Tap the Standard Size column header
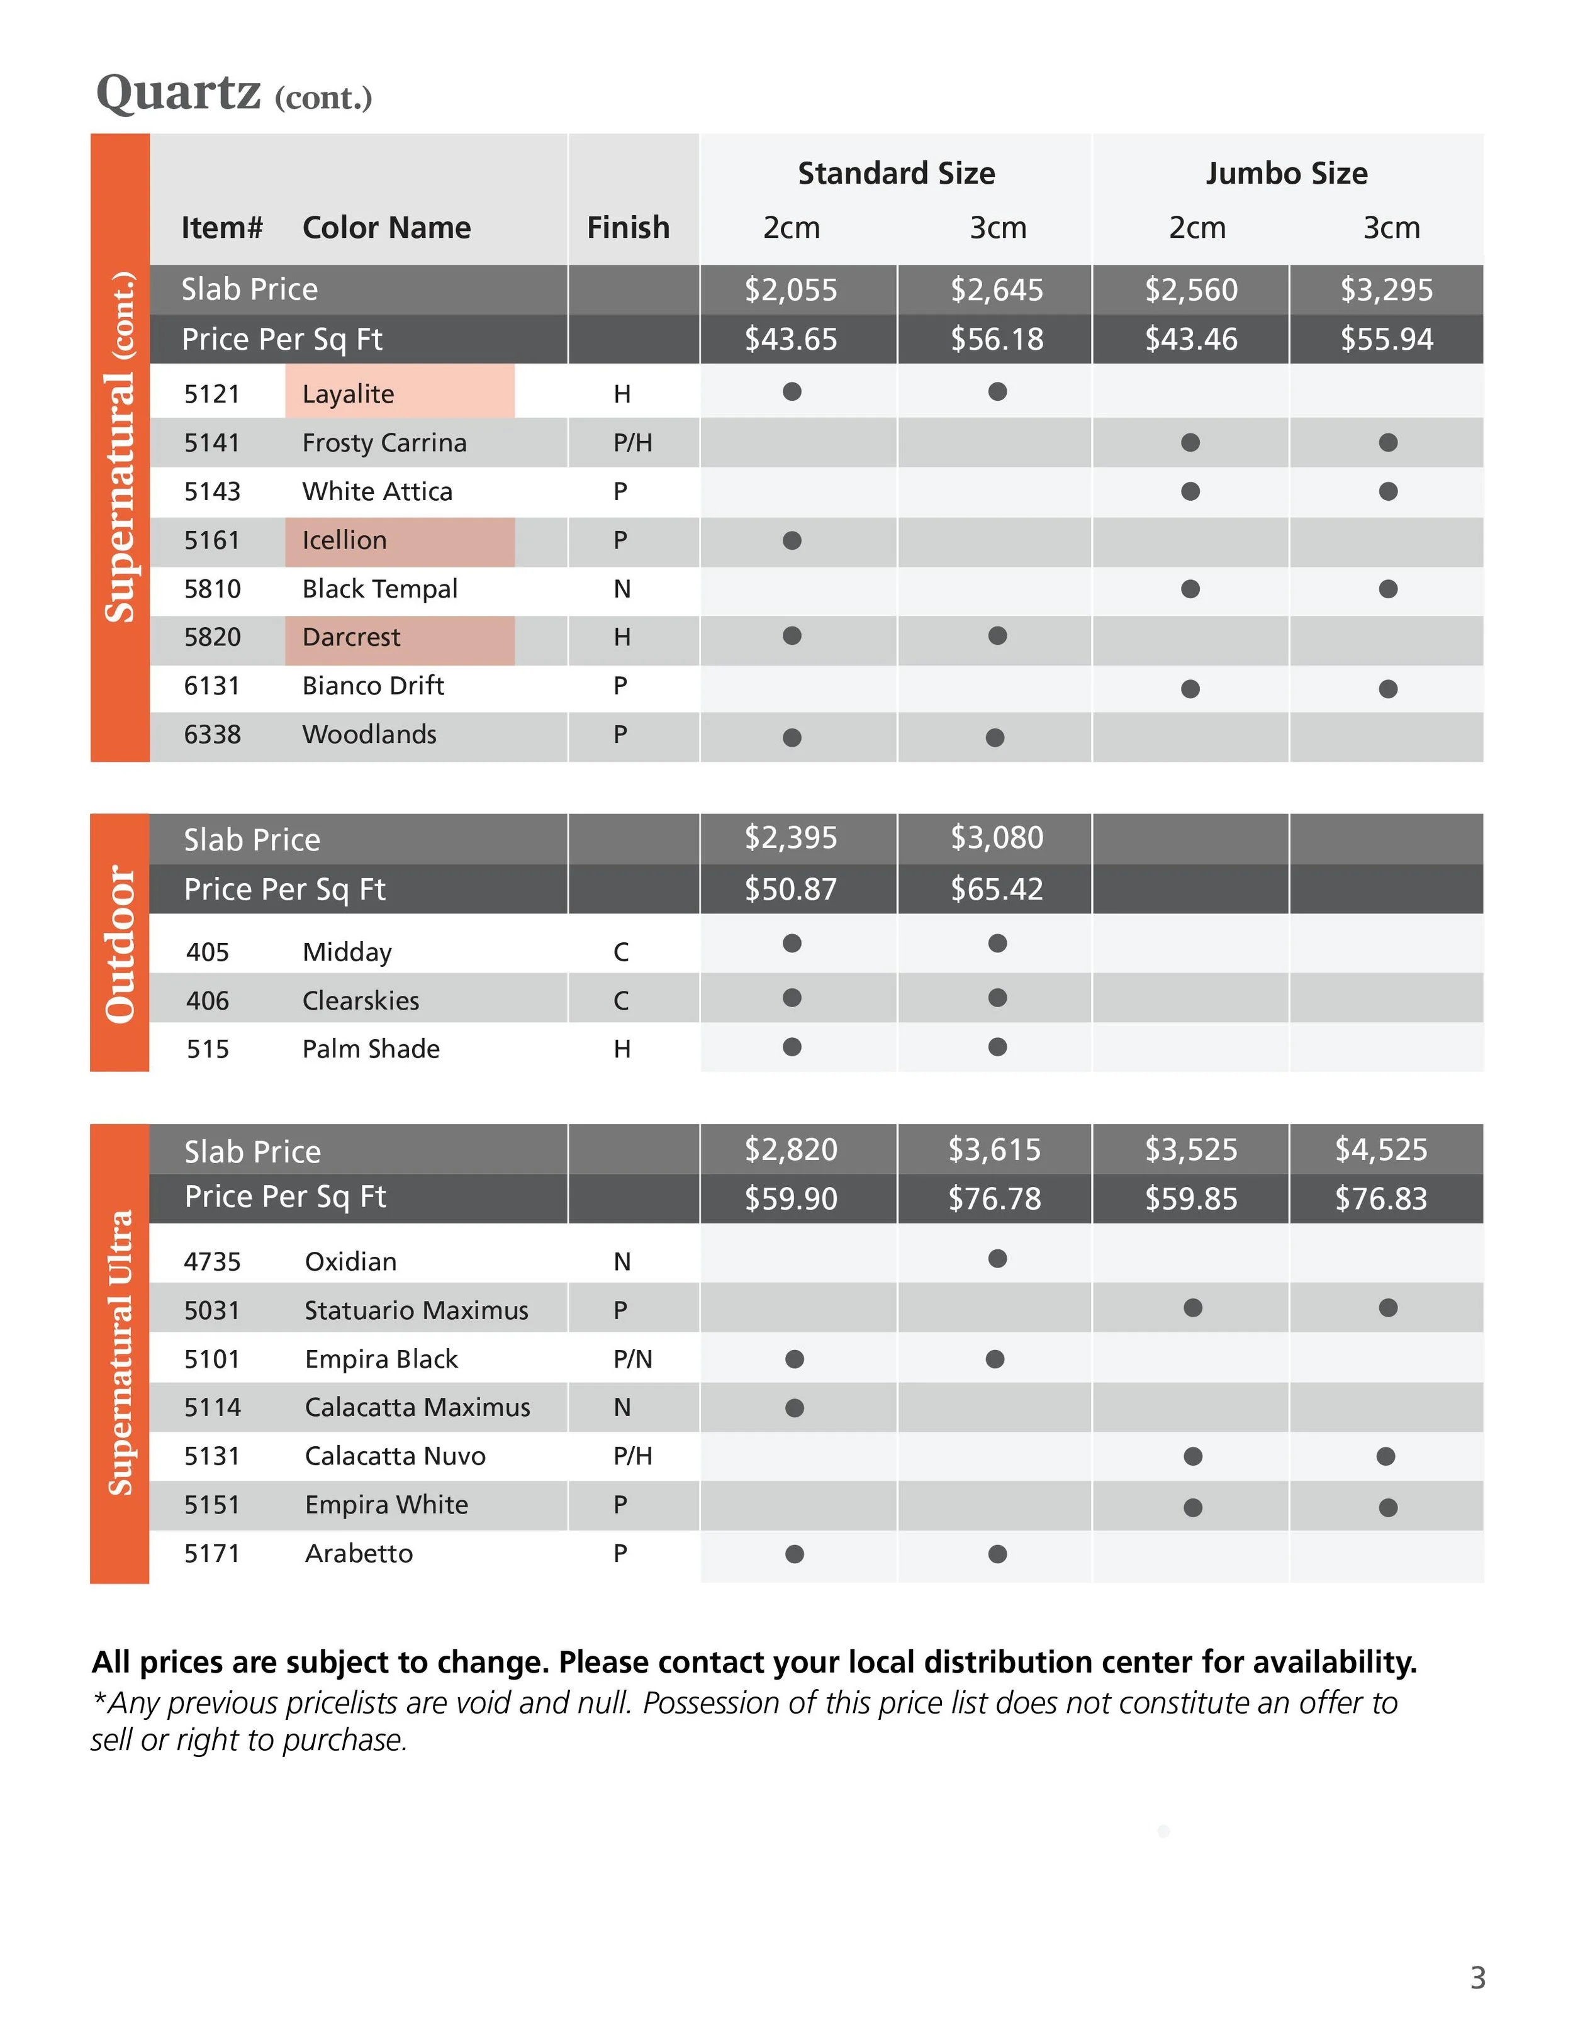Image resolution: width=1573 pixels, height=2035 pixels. pyautogui.click(x=895, y=174)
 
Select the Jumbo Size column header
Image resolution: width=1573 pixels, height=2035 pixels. pyautogui.click(x=1286, y=174)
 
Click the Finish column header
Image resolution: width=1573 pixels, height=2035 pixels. pyautogui.click(x=627, y=227)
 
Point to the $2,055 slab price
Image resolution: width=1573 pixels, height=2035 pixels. pyautogui.click(x=790, y=290)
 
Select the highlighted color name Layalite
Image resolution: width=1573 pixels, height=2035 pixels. pyautogui.click(x=347, y=394)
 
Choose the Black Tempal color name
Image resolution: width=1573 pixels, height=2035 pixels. pyautogui.click(x=379, y=589)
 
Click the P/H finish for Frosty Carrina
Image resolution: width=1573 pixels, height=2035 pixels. pyautogui.click(x=632, y=443)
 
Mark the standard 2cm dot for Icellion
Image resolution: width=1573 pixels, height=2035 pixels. pyautogui.click(x=792, y=540)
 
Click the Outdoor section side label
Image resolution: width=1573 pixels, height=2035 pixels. pyautogui.click(x=120, y=943)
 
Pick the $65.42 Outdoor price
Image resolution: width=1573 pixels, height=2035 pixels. pyautogui.click(x=996, y=889)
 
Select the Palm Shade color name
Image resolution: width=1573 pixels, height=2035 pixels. pyautogui.click(x=371, y=1049)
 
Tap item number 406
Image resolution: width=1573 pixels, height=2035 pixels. pyautogui.click(x=207, y=1001)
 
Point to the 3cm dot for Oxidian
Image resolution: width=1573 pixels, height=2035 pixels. pyautogui.click(x=997, y=1259)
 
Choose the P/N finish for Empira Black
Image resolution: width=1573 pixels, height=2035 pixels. pyautogui.click(x=632, y=1359)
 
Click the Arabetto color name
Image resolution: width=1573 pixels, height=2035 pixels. pyautogui.click(x=358, y=1553)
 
